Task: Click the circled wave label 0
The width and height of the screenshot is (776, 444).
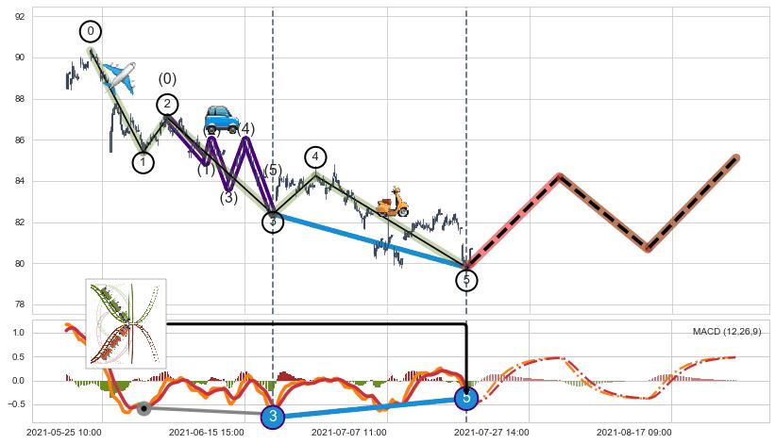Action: coord(91,32)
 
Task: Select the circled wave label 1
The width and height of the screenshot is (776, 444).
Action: coord(143,162)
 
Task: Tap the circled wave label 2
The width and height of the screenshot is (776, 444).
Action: coord(167,104)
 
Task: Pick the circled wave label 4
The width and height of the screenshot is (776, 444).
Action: coord(315,156)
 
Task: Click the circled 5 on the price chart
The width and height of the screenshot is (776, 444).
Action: coord(466,280)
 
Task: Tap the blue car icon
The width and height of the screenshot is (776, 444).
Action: coord(222,119)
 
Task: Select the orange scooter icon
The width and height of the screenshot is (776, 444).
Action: coord(392,202)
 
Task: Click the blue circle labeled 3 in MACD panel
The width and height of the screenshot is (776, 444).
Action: coord(273,416)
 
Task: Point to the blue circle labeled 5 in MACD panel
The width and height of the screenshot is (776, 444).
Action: coord(466,398)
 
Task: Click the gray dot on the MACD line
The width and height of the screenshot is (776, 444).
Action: coord(143,408)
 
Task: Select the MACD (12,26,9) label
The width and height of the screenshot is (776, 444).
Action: coord(727,332)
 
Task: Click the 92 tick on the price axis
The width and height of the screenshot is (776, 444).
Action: coord(18,16)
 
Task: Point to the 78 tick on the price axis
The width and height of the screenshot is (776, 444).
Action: coord(18,304)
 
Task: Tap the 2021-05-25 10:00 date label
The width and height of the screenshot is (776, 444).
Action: coord(63,433)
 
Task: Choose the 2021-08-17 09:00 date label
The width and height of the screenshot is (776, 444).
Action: coord(633,433)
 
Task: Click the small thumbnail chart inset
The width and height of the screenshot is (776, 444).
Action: coord(126,323)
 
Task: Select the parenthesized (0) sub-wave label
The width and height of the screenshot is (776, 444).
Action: coord(167,79)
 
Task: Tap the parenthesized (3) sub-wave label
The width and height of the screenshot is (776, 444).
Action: coord(228,197)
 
